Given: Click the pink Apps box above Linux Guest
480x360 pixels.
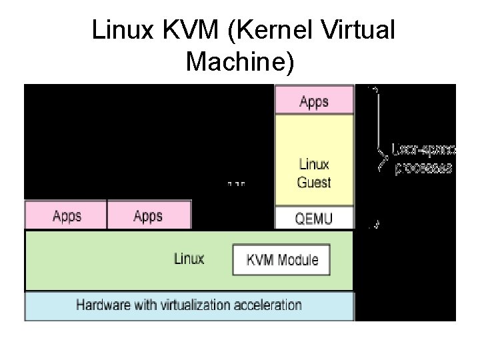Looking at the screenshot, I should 314,102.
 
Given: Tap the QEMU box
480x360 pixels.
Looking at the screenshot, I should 314,217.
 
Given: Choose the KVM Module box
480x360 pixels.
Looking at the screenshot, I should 282,260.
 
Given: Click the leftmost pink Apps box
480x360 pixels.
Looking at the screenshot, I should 66,216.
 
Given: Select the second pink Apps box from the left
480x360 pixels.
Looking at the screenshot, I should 149,216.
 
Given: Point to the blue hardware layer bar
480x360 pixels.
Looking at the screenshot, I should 189,306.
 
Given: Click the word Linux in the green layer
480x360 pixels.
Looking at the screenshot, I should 189,259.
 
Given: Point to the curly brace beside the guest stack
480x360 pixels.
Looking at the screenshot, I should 381,157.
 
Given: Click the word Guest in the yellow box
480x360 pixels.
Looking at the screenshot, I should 314,182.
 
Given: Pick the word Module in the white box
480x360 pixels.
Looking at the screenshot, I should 297,260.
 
